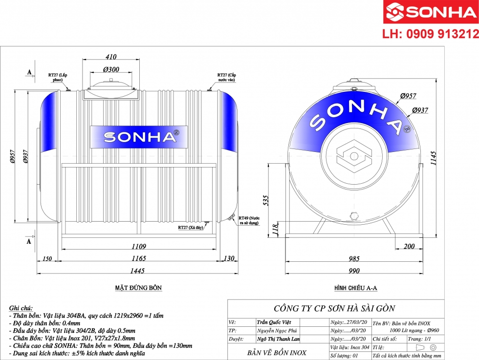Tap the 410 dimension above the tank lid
point(111,57)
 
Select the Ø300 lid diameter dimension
point(111,69)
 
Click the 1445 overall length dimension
point(136,270)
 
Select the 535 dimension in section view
point(265,201)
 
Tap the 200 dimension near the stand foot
point(410,247)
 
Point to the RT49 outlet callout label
point(249,220)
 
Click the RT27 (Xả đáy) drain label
point(190,227)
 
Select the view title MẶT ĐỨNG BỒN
point(138,288)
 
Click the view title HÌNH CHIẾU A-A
point(355,288)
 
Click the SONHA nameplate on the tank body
point(139,137)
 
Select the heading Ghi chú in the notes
point(21,309)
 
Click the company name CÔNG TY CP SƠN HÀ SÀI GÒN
point(334,308)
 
